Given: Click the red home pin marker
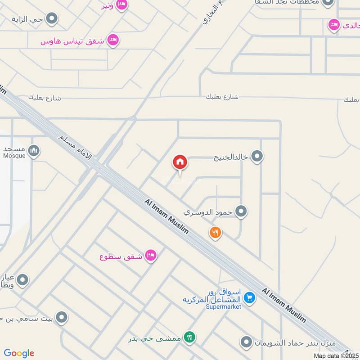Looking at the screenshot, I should coord(180,162).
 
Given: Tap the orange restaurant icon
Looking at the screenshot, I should coord(216,232).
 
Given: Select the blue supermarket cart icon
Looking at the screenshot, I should coord(250,297).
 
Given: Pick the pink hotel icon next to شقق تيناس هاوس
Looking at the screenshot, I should coord(113,40).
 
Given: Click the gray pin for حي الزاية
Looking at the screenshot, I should coord(52,19).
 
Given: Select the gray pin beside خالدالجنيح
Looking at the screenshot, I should coord(257,157).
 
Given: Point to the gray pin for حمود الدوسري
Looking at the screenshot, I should coord(242,211).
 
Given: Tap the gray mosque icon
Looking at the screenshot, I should coord(34,150).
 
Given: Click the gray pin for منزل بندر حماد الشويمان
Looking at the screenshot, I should coord(246,342).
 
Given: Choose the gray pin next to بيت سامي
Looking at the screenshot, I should coord(62,318).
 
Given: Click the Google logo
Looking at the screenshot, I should coord(19,353).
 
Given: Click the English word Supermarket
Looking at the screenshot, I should coord(224,307).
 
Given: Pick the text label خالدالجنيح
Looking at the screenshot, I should coord(231,157).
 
